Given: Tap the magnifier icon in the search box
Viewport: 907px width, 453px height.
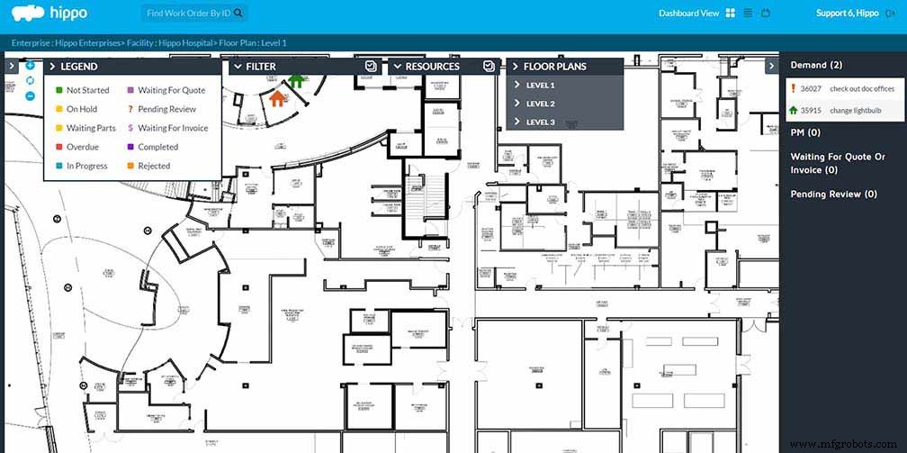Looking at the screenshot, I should click(238, 14).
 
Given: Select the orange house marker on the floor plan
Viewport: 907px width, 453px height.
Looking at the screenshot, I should click(277, 99).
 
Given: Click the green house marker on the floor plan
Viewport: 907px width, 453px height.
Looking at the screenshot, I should click(296, 80).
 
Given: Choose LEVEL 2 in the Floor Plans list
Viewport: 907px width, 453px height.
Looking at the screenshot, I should click(540, 104).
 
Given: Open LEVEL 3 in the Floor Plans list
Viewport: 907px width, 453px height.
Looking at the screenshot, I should click(540, 122).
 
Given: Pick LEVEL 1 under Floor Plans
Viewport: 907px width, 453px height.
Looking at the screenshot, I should click(540, 86).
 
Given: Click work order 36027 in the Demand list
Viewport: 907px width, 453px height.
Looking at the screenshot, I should click(811, 89).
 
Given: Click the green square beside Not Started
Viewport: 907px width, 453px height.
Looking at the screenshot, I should click(58, 91).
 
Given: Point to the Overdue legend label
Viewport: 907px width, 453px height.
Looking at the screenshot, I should click(82, 147).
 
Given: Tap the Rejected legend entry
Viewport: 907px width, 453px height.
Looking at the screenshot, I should click(154, 166).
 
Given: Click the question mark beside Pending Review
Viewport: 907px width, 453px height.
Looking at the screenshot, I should click(130, 110).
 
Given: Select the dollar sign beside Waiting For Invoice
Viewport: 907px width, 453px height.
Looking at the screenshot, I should click(130, 129).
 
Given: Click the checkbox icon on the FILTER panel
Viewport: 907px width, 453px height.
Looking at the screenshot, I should click(370, 66).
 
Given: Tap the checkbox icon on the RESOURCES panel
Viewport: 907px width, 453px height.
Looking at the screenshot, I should click(488, 66).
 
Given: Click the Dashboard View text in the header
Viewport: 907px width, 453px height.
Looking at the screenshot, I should click(688, 14).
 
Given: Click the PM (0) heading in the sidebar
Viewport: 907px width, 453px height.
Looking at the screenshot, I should click(806, 132).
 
